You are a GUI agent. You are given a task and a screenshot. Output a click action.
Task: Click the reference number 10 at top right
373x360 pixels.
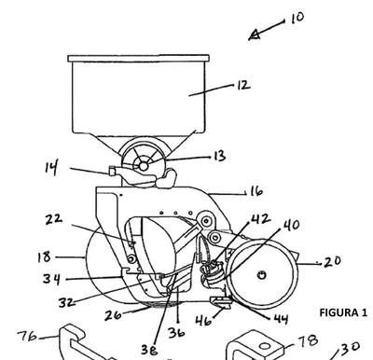(x=297, y=18)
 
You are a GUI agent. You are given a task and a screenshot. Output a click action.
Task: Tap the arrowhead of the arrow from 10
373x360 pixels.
(x=255, y=35)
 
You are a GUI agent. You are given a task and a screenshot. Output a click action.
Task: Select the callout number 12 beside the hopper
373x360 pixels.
(x=243, y=85)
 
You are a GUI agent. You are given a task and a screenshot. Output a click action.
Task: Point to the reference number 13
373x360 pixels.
(x=219, y=156)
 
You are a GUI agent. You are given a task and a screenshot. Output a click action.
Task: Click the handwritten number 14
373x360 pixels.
(x=51, y=168)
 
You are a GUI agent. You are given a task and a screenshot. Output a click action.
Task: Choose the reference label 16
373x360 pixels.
(x=256, y=191)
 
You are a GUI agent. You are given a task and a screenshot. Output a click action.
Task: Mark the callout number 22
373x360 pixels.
(x=53, y=219)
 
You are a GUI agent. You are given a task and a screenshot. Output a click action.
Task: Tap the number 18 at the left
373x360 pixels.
(x=44, y=257)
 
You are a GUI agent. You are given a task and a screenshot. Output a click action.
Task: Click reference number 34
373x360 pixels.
(x=51, y=279)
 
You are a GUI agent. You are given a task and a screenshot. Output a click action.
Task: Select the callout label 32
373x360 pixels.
(x=67, y=302)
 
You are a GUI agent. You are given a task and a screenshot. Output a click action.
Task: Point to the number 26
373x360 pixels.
(x=113, y=315)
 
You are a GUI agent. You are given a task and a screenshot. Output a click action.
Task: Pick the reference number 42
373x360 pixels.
(x=260, y=218)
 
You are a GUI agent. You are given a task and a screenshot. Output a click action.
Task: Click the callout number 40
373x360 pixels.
(x=292, y=225)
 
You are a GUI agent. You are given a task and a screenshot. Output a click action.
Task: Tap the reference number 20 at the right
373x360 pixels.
(x=332, y=261)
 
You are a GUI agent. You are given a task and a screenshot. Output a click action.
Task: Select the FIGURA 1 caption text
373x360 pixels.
(x=343, y=312)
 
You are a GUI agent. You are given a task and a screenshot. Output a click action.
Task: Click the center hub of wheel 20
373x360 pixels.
(x=262, y=274)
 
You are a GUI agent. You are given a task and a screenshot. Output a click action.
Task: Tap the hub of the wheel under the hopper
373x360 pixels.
(x=144, y=166)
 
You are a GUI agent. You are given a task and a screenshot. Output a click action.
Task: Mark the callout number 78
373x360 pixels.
(x=308, y=340)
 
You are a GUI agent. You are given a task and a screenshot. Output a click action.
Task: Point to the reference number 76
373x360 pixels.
(x=27, y=336)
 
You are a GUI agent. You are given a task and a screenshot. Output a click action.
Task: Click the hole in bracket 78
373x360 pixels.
(x=265, y=346)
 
